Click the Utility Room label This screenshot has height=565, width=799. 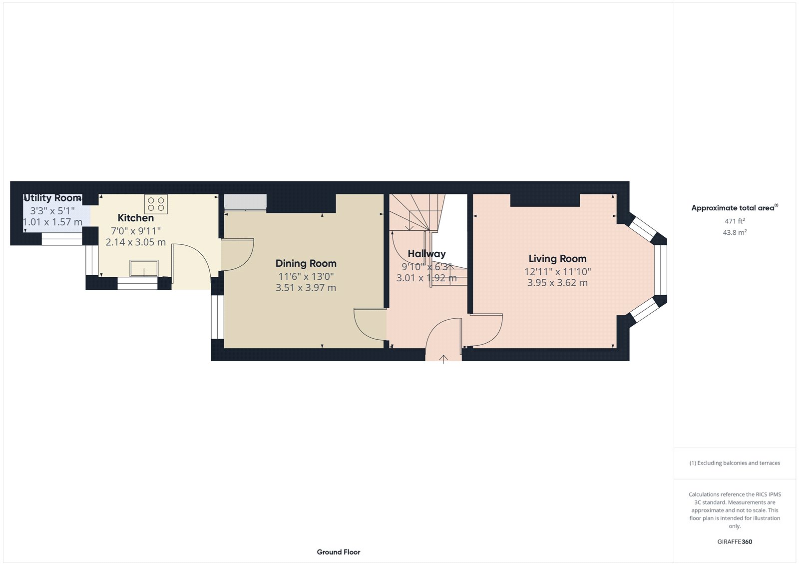pyautogui.click(x=52, y=198)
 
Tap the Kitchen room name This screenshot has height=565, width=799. pyautogui.click(x=135, y=218)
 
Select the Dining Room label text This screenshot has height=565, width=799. pyautogui.click(x=306, y=264)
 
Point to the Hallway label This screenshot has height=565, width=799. pyautogui.click(x=426, y=254)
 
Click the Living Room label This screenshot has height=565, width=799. pyautogui.click(x=557, y=259)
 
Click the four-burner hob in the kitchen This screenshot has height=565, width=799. pyautogui.click(x=156, y=204)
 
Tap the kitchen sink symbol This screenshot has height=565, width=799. pyautogui.click(x=144, y=268)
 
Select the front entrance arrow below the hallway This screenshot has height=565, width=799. pyautogui.click(x=443, y=358)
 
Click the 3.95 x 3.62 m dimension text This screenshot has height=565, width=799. pyautogui.click(x=557, y=283)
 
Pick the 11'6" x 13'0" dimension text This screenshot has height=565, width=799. pyautogui.click(x=306, y=276)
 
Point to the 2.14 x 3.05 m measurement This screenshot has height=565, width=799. pyautogui.click(x=135, y=242)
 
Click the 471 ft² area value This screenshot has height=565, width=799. pyautogui.click(x=735, y=221)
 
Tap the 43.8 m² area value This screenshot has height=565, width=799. pyautogui.click(x=735, y=232)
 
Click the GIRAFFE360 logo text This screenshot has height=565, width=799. pyautogui.click(x=735, y=542)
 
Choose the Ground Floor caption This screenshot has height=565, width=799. pyautogui.click(x=338, y=552)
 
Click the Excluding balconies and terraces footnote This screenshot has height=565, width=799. pyautogui.click(x=735, y=463)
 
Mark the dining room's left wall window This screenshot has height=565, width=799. pyautogui.click(x=217, y=317)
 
